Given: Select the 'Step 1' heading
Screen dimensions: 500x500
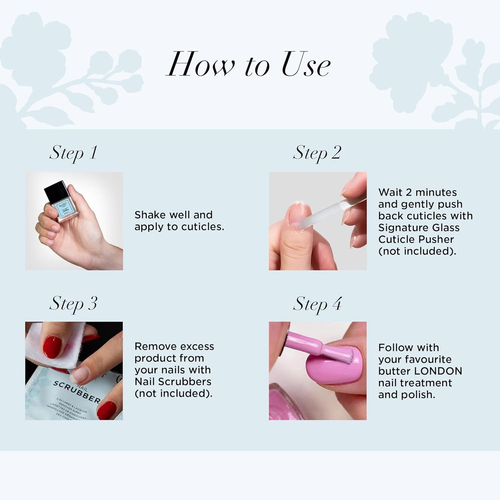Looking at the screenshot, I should coord(73,153).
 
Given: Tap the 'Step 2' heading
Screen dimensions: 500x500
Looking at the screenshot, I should coord(317,153).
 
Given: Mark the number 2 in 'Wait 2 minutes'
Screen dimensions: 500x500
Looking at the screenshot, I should coord(408,192).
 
